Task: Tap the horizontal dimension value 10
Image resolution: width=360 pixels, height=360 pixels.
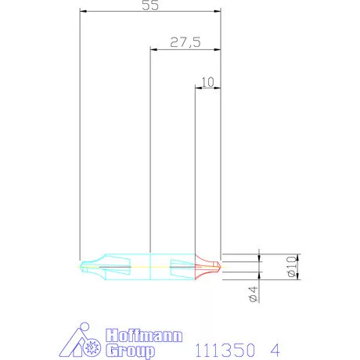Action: [x=207, y=81]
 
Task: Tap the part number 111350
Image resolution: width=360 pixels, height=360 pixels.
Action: [x=224, y=347]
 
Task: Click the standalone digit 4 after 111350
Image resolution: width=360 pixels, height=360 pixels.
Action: [x=275, y=347]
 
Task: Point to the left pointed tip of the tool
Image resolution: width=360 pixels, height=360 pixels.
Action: [x=82, y=266]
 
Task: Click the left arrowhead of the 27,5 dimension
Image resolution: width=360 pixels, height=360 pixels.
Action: [x=153, y=49]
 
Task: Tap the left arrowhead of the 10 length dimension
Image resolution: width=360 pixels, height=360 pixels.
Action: [x=196, y=88]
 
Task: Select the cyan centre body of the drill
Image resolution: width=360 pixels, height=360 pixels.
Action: [x=149, y=266]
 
